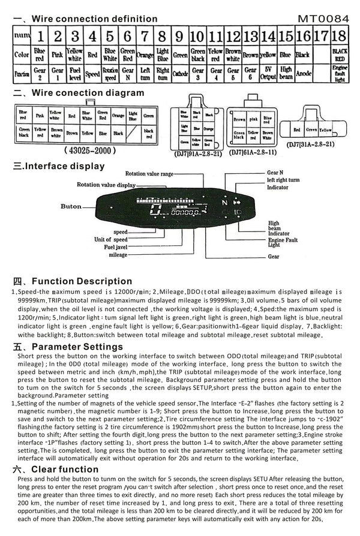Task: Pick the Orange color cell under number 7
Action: point(145,55)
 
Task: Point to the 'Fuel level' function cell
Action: point(75,73)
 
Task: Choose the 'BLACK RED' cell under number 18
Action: point(339,55)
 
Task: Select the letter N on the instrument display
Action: point(221,204)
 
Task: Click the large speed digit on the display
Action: point(158,210)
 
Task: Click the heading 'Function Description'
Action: point(73,281)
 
